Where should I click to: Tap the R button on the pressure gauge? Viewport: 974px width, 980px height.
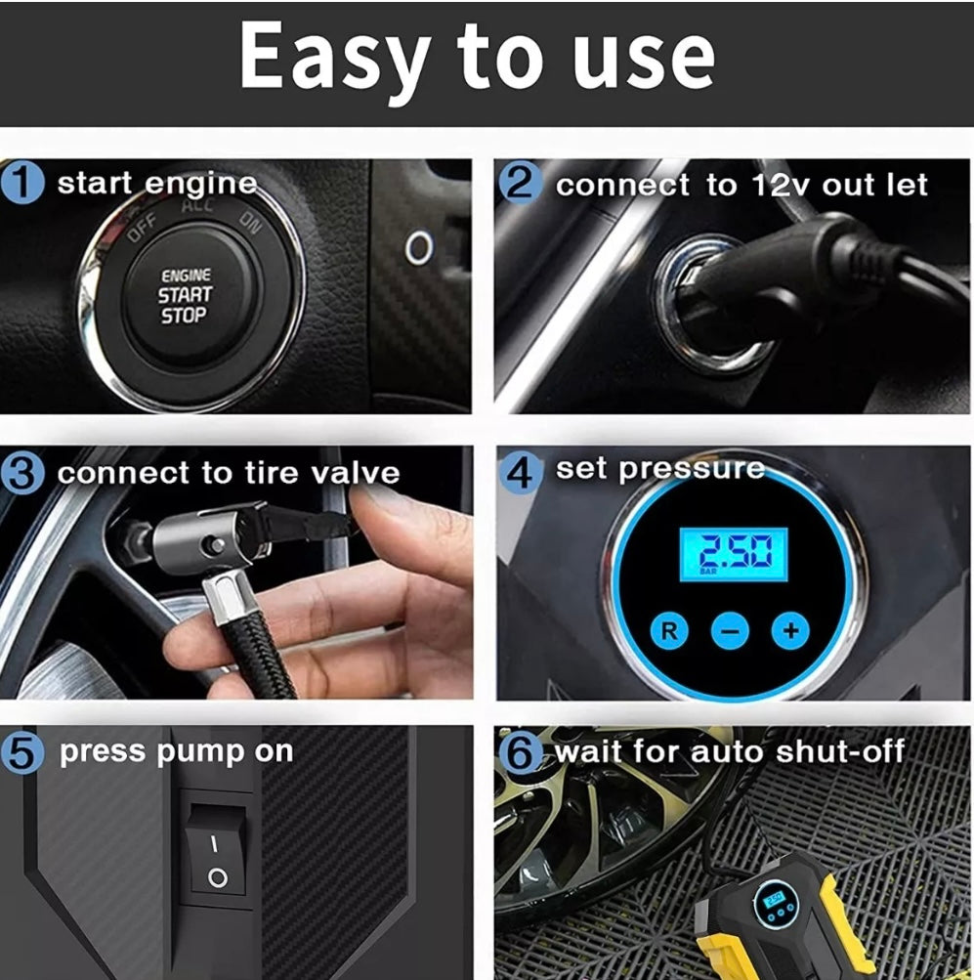[x=669, y=630]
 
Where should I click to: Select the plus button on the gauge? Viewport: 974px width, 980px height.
[x=790, y=630]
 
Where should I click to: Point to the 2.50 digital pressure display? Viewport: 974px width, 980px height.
[x=734, y=554]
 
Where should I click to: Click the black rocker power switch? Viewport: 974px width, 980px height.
[x=216, y=849]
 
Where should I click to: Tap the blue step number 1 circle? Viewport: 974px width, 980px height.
[x=21, y=182]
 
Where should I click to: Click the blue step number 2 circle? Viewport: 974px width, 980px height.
[x=520, y=182]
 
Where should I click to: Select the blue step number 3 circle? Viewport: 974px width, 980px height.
[x=21, y=474]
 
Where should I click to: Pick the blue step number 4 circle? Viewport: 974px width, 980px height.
[x=520, y=473]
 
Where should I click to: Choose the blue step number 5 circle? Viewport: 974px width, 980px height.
[x=21, y=752]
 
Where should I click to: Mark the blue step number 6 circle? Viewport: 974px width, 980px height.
[x=520, y=752]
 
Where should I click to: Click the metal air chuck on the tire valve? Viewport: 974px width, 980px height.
[x=206, y=550]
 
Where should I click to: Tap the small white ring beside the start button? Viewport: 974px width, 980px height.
[x=419, y=247]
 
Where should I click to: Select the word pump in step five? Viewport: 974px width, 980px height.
[x=200, y=753]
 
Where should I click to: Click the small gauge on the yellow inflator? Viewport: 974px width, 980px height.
[x=776, y=904]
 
